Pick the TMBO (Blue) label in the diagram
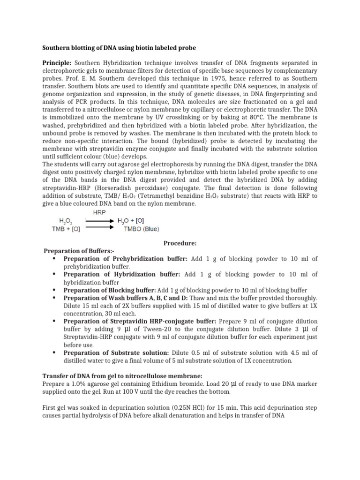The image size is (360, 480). pyautogui.click(x=141, y=229)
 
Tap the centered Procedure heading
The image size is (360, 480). pyautogui.click(x=180, y=243)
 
